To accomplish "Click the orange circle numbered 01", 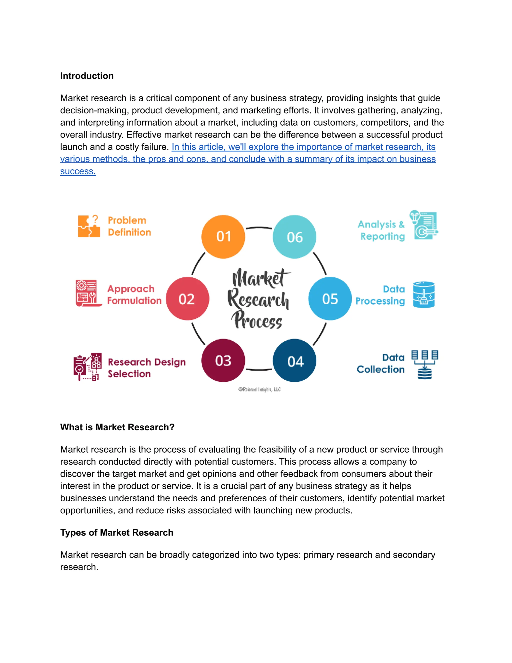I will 223,236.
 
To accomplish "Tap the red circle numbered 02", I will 187,299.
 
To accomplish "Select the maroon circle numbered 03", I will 223,360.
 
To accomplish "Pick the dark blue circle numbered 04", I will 294,361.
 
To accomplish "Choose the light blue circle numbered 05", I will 330,299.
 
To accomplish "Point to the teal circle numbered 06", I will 294,237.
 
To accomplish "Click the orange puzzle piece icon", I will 88,226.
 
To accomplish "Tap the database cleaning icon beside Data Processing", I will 423,294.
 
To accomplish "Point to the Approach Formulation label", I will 134,294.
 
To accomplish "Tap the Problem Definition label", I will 129,226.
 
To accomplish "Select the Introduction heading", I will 87,76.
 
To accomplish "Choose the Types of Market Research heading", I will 116,532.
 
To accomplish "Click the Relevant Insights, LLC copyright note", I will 259,390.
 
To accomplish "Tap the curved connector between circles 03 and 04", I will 259,370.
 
